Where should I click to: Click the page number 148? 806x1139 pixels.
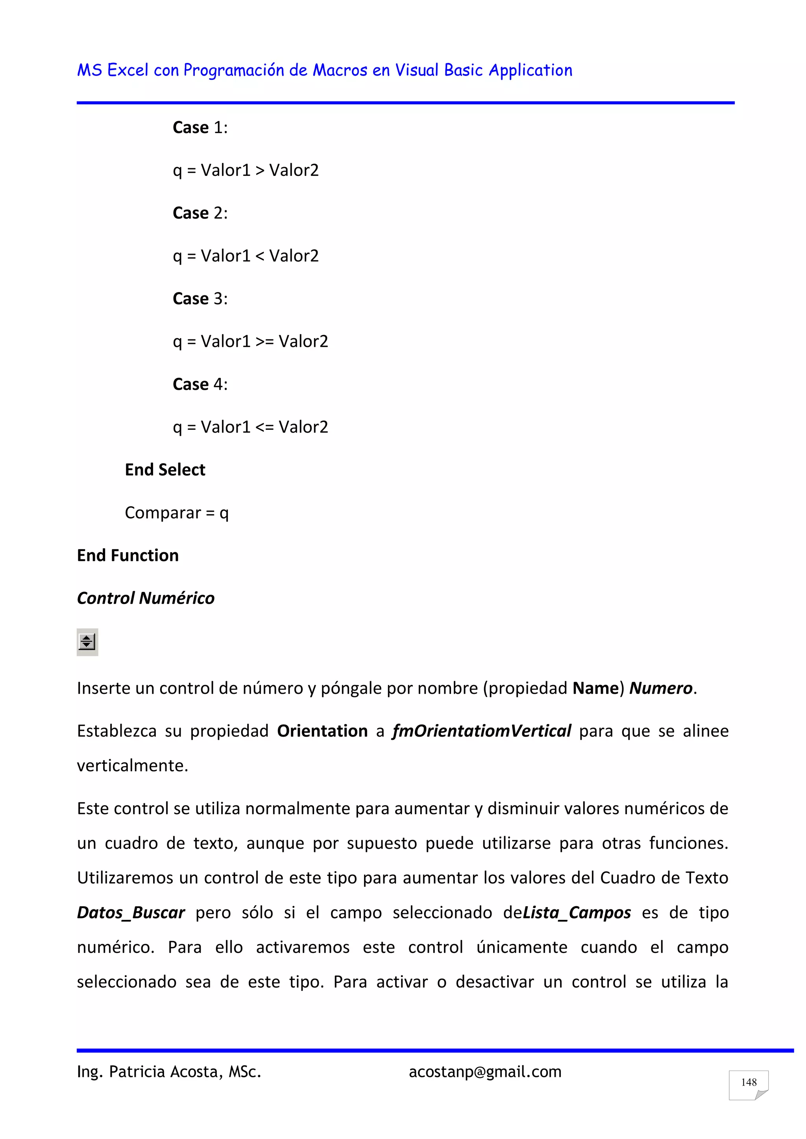[x=749, y=1082]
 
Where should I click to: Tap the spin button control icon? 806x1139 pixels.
[x=87, y=642]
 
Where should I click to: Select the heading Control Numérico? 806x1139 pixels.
[x=145, y=598]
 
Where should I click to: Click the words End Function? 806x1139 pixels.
[x=128, y=556]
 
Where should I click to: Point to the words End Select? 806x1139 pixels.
[x=165, y=470]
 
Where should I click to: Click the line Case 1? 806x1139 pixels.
[x=200, y=127]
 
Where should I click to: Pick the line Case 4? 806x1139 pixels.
[x=200, y=385]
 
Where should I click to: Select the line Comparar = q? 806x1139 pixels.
[x=177, y=513]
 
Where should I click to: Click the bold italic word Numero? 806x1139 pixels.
[x=661, y=689]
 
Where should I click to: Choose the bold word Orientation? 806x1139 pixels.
[x=322, y=731]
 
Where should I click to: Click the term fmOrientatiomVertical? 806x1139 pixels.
[x=481, y=731]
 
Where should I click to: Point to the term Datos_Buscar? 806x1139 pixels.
[x=131, y=913]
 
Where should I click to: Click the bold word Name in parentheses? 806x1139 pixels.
[x=595, y=689]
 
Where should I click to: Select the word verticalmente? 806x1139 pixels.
[x=132, y=765]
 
